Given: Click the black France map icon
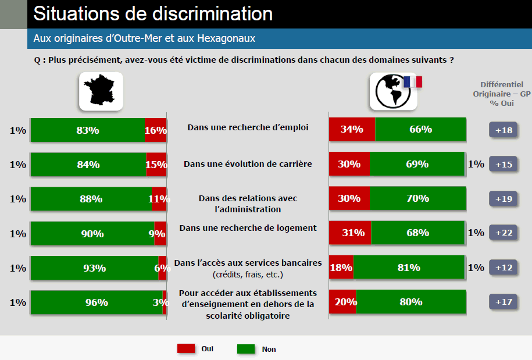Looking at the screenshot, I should pyautogui.click(x=101, y=91).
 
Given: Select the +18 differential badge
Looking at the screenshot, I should pyautogui.click(x=503, y=130).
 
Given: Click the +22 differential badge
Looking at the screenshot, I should pyautogui.click(x=503, y=233).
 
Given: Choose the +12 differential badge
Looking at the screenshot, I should pyautogui.click(x=503, y=268).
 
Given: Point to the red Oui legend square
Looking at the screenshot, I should pyautogui.click(x=186, y=348).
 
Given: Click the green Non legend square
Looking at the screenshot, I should pyautogui.click(x=246, y=348).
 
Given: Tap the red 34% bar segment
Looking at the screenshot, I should pyautogui.click(x=352, y=129).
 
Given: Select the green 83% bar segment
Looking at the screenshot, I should pyautogui.click(x=87, y=130).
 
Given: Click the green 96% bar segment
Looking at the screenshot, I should pyautogui.click(x=96, y=302).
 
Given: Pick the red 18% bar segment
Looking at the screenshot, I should pyautogui.click(x=341, y=268).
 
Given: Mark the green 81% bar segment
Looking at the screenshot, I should pyautogui.click(x=409, y=268).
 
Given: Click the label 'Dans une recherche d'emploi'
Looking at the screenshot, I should pyautogui.click(x=248, y=127).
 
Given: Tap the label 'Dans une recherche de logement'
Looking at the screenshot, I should pyautogui.click(x=248, y=228).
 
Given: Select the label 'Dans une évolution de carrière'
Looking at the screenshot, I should pyautogui.click(x=248, y=164).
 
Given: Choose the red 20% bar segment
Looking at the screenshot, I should pyautogui.click(x=342, y=302).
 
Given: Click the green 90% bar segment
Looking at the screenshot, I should pyautogui.click(x=92, y=233).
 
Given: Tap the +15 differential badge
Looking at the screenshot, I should pyautogui.click(x=503, y=164).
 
